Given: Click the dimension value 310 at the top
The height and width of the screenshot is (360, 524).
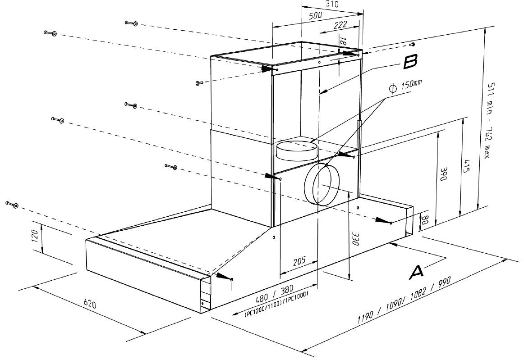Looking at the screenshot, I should pos(331,4).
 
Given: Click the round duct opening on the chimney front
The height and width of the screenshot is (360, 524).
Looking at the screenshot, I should pos(323,185).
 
